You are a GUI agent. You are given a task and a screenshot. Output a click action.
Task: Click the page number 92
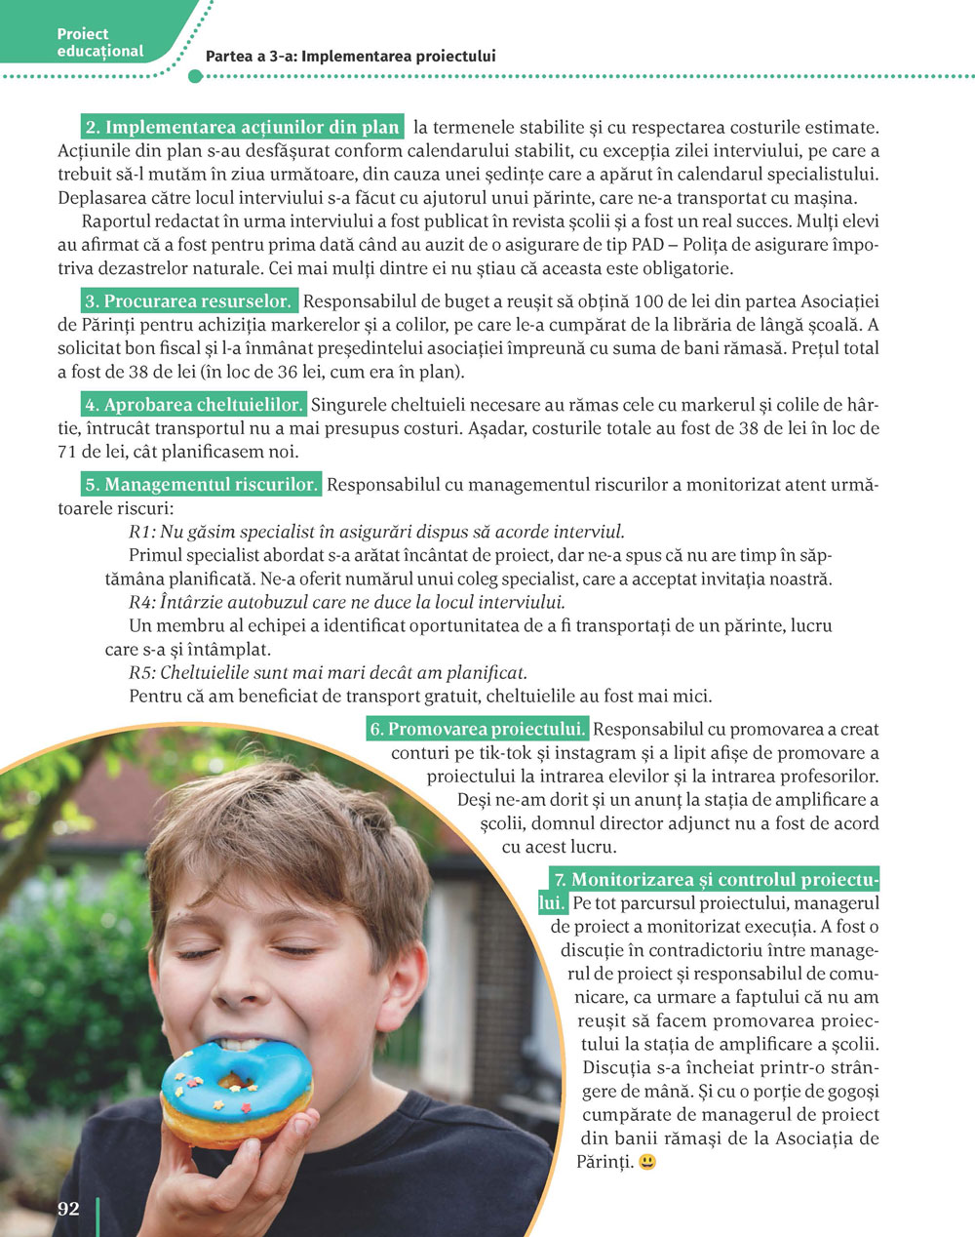(x=68, y=1209)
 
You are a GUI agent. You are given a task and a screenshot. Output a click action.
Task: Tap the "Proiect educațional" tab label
(x=99, y=43)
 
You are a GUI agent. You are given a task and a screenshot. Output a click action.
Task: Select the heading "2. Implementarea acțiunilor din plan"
(x=243, y=128)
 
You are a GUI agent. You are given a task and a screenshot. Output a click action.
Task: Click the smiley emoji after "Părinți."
(x=647, y=1162)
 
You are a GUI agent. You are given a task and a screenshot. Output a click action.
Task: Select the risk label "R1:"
(x=142, y=533)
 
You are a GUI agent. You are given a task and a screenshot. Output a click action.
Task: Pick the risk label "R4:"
(x=142, y=603)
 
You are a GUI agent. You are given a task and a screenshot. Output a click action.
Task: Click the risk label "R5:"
(x=142, y=673)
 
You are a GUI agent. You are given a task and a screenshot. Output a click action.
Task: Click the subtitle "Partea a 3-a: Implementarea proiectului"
(x=350, y=57)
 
